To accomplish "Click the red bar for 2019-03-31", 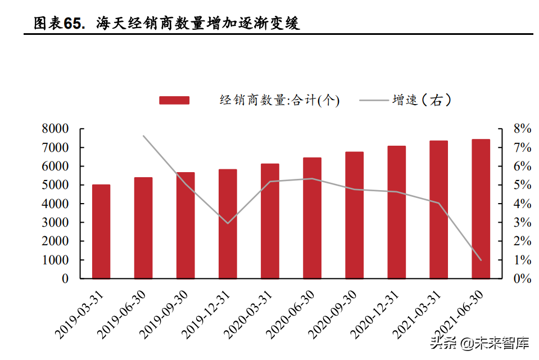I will click(101, 231).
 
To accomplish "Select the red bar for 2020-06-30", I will click(312, 218).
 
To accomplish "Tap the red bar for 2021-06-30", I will click(481, 209).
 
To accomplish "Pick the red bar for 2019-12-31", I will click(228, 224).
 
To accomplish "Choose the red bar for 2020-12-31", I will click(396, 212).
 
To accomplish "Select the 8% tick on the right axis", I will click(522, 129).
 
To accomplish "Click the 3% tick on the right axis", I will click(522, 223).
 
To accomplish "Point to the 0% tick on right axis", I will click(522, 279).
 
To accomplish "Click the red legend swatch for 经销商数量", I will click(174, 100).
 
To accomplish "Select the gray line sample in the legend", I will click(373, 100).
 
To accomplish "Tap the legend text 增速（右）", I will click(422, 100).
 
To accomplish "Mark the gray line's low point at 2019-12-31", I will click(228, 223).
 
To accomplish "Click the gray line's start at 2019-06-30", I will click(143, 136).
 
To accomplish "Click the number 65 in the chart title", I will click(73, 24).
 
